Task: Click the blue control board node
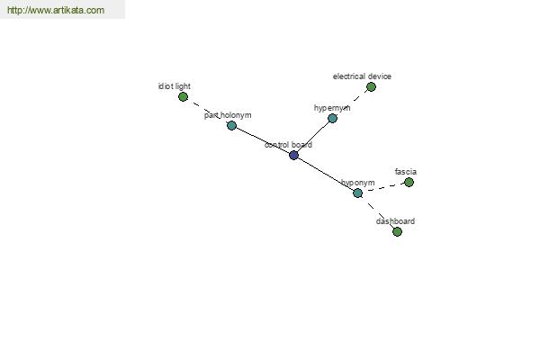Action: (x=293, y=155)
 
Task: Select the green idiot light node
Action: (x=183, y=96)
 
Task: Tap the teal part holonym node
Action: (x=231, y=125)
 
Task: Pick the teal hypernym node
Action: (x=332, y=118)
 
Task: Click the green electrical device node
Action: (x=371, y=86)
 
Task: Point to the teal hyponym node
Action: (x=357, y=193)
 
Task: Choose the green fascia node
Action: (x=409, y=182)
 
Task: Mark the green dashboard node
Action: (x=397, y=231)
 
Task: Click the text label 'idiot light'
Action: (x=174, y=86)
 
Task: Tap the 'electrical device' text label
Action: (x=362, y=76)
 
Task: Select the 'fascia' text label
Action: (x=405, y=171)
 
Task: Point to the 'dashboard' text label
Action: (x=395, y=220)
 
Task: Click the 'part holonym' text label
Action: (x=228, y=115)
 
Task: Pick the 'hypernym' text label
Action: (x=332, y=108)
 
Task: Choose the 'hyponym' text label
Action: (x=357, y=183)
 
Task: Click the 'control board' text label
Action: (x=288, y=145)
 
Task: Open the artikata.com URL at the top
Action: (x=55, y=11)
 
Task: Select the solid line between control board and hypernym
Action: (x=313, y=136)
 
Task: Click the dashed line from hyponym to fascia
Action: (x=383, y=187)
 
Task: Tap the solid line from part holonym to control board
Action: (x=262, y=139)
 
